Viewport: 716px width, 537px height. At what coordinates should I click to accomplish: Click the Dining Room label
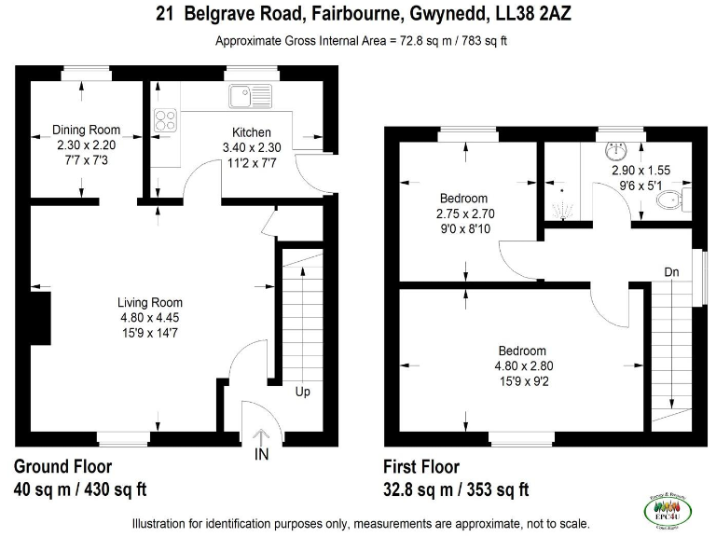(x=86, y=130)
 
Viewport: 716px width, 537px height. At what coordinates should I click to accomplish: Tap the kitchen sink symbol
(x=245, y=93)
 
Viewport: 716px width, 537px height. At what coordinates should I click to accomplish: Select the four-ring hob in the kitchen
(x=165, y=119)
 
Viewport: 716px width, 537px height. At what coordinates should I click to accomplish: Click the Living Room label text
(x=150, y=302)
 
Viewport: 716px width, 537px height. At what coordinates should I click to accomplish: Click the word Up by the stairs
(x=302, y=392)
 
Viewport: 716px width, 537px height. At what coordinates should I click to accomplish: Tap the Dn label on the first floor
(x=671, y=271)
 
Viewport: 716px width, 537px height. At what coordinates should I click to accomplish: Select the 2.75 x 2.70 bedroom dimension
(x=463, y=213)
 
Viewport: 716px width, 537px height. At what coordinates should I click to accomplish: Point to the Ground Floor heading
(x=62, y=467)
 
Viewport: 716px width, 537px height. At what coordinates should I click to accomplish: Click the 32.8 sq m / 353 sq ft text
(x=456, y=489)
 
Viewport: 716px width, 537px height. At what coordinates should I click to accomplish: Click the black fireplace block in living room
(x=39, y=317)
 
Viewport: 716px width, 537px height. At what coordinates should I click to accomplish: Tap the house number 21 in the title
(x=165, y=14)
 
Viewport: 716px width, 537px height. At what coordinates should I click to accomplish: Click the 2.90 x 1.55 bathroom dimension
(x=640, y=172)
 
